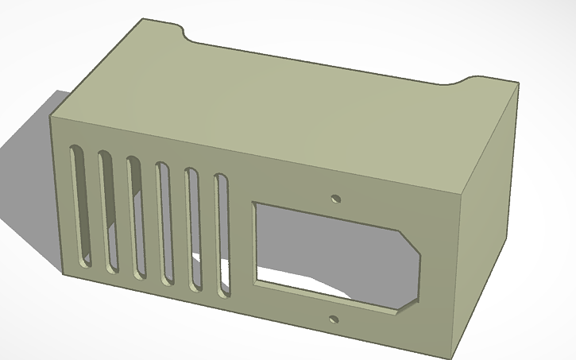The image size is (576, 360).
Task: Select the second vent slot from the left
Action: [106, 211]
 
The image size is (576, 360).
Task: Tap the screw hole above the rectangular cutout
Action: [336, 196]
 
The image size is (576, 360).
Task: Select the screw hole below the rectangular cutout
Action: [334, 320]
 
